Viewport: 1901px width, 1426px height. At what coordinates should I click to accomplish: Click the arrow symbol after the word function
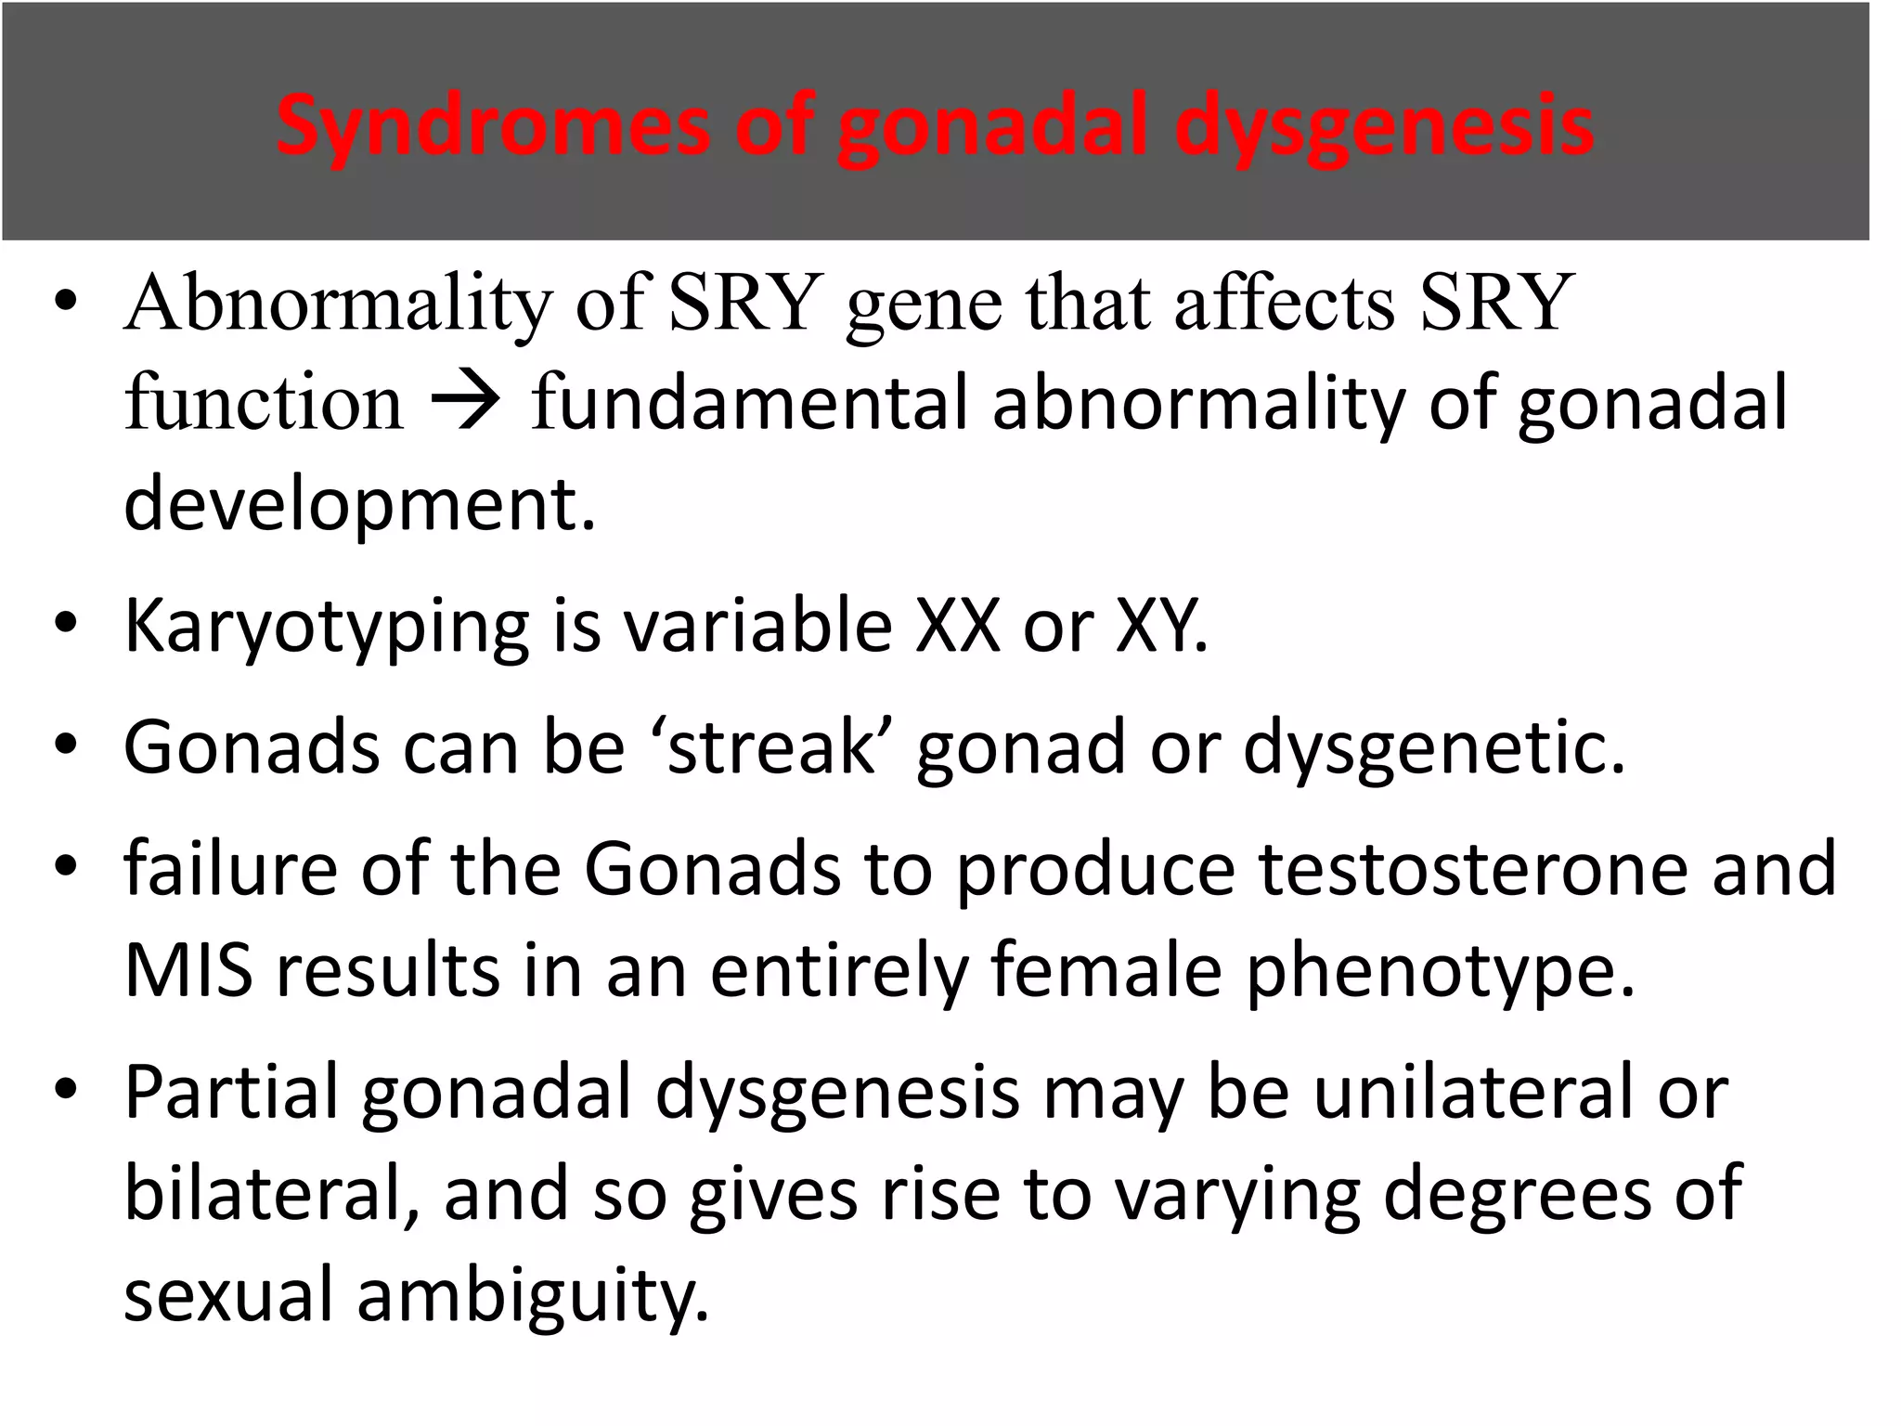(x=466, y=404)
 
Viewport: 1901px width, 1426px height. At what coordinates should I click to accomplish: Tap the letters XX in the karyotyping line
(x=957, y=626)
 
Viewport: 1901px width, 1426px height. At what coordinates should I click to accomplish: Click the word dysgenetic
(x=1433, y=748)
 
